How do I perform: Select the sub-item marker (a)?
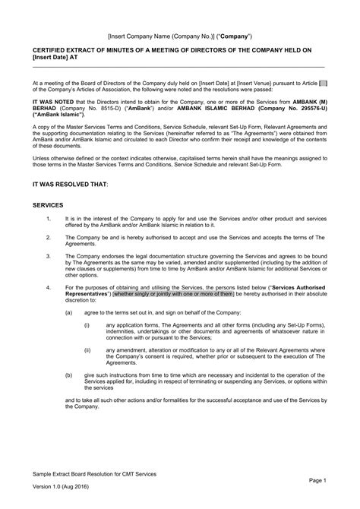point(69,313)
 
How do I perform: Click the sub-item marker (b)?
point(69,375)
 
